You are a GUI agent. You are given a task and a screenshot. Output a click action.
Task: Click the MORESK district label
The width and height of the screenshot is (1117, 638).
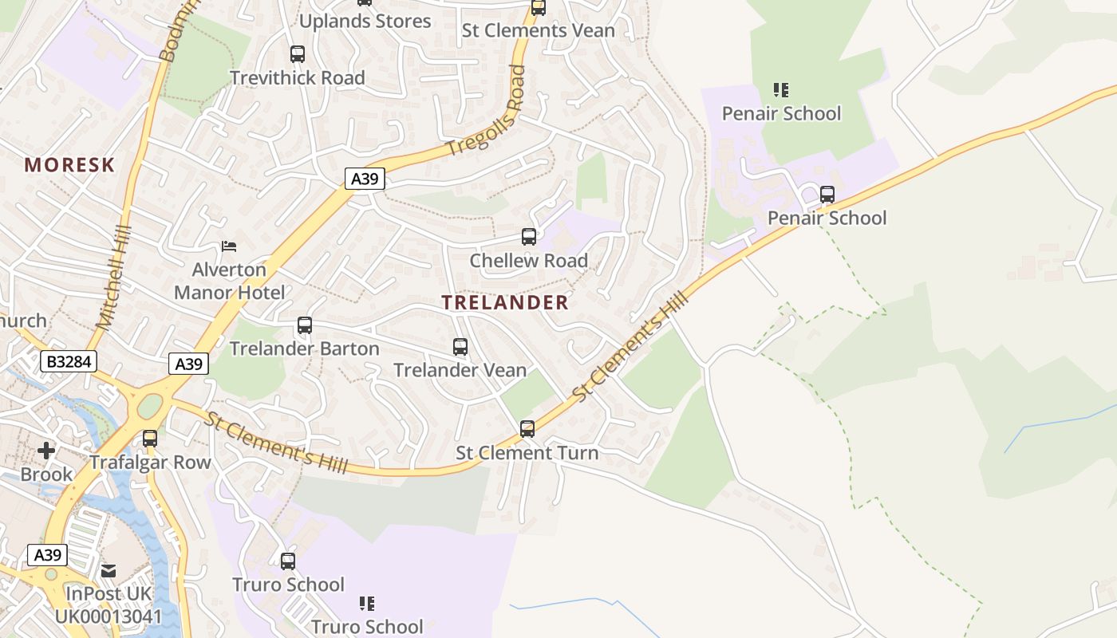point(69,165)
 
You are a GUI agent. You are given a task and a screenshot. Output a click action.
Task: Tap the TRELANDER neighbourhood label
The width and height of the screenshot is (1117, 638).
point(505,302)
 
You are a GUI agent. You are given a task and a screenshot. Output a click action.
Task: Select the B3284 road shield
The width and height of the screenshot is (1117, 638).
point(69,362)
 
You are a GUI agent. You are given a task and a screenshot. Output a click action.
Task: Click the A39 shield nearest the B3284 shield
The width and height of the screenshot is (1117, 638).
point(188,364)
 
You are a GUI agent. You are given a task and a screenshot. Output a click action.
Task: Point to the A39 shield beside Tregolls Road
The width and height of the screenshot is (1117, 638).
point(365,179)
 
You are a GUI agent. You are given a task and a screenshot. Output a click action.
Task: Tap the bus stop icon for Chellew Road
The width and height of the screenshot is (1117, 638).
point(528,237)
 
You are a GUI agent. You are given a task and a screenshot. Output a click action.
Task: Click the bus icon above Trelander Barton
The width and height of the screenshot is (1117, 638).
point(304,325)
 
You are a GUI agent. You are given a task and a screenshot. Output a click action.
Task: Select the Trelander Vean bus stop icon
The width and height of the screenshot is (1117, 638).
point(460,347)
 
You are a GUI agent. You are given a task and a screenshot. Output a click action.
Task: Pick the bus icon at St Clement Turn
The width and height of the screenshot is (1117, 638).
point(527,429)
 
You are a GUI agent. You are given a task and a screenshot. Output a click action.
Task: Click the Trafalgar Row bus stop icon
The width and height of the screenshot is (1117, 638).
point(149,439)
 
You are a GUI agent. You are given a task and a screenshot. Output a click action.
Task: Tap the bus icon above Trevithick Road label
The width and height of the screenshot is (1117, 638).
point(297,54)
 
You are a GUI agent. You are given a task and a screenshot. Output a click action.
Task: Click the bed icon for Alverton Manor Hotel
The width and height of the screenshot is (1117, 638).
point(229,246)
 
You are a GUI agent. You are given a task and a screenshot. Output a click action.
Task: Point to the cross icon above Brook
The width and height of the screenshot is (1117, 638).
point(46,451)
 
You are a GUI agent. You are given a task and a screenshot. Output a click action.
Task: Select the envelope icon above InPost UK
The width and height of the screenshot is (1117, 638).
point(109,571)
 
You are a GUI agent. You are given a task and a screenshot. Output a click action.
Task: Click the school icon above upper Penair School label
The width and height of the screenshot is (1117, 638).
point(781,90)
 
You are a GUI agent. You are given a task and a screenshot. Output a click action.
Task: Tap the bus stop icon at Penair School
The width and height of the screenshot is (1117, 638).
point(827,195)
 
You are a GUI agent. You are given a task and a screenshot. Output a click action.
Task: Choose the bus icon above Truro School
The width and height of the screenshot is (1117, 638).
point(288,561)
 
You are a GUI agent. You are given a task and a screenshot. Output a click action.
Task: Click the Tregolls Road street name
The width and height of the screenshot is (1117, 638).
point(486,112)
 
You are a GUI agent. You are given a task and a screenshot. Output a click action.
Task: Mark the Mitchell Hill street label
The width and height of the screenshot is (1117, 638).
point(112,278)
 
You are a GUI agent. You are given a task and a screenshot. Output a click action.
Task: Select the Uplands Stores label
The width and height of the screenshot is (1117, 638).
point(365,21)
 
